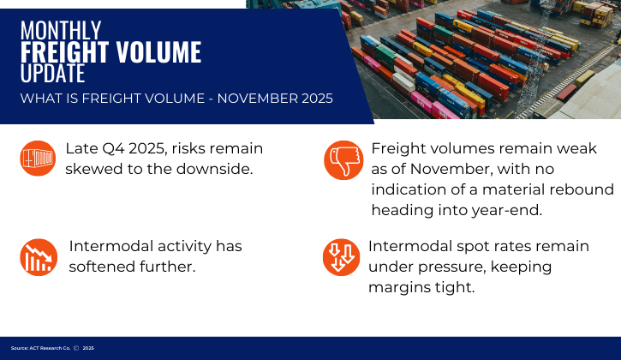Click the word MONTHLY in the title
pos(61,30)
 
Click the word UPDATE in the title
pos(53,75)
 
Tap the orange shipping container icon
pos(38,159)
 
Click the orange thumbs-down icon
pos(343,159)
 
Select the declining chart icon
pos(38,255)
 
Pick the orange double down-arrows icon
pos(340,255)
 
